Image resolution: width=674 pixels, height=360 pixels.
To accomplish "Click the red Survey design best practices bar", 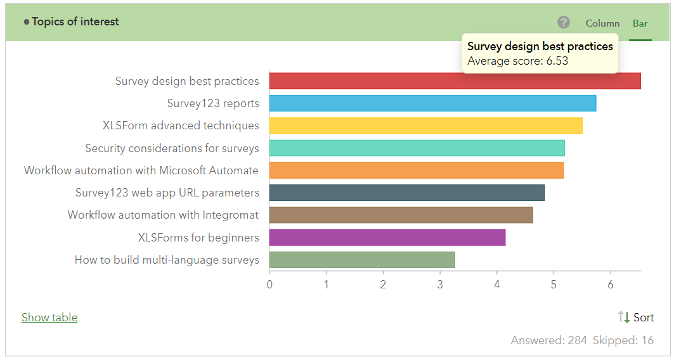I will (x=455, y=81).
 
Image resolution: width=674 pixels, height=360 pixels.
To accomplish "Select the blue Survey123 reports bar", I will (x=432, y=103).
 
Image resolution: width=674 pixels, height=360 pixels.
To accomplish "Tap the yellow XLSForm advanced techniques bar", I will (x=425, y=125).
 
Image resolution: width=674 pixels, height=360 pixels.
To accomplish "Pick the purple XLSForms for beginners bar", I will (x=387, y=238).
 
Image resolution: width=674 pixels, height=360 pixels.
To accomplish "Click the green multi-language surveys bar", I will (x=362, y=260).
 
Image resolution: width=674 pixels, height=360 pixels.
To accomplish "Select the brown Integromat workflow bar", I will (x=401, y=215).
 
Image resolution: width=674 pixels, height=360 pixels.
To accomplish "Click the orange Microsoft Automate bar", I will (x=416, y=170).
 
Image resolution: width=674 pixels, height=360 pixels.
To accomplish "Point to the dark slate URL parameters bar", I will (x=406, y=193).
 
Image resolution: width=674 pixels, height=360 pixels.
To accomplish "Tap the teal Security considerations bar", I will (x=417, y=148).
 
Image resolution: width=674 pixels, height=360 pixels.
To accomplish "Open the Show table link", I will (x=49, y=318).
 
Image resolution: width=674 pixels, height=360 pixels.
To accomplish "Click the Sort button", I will (x=636, y=318).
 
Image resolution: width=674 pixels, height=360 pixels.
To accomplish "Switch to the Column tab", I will (x=602, y=23).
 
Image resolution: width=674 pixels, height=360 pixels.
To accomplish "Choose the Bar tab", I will (x=640, y=23).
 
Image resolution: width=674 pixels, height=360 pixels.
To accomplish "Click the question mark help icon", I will (x=564, y=23).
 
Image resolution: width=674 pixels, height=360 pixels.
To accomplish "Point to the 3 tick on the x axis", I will (x=440, y=285).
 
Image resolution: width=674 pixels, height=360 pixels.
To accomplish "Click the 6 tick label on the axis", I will (x=611, y=285).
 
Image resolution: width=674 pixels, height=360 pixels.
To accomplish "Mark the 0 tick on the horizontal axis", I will (x=269, y=285).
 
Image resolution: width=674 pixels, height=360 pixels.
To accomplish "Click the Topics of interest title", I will (x=75, y=22).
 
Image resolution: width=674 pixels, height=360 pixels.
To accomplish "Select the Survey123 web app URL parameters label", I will (x=167, y=193).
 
